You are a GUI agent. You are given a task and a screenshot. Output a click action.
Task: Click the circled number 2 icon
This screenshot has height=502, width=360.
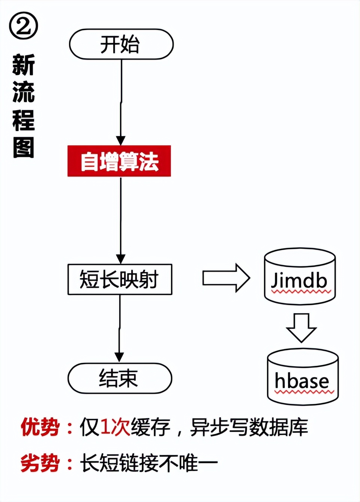[x=23, y=25]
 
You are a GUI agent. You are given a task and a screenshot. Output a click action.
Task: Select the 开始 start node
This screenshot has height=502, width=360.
[x=121, y=44]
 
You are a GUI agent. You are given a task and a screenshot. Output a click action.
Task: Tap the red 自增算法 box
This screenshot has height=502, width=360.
[x=119, y=161]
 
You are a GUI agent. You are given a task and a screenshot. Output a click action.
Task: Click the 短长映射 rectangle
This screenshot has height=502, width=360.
[x=120, y=279]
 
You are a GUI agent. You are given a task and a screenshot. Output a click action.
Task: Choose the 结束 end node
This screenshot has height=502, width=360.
[x=120, y=378]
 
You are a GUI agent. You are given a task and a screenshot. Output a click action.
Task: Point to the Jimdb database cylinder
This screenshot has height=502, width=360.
[x=300, y=276]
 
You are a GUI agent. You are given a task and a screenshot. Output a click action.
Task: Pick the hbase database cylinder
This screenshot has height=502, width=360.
[x=303, y=377]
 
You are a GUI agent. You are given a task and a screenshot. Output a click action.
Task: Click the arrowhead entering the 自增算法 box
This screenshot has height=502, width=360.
[x=120, y=141]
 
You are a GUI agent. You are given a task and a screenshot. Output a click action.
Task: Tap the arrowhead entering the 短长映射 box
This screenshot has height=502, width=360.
[x=120, y=259]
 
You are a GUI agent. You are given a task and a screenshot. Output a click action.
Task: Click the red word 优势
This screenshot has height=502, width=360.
[x=40, y=427]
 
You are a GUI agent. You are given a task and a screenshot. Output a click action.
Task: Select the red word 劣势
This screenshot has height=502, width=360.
[x=40, y=463]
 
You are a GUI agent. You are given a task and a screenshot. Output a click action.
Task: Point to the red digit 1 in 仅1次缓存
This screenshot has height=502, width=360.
[x=105, y=427]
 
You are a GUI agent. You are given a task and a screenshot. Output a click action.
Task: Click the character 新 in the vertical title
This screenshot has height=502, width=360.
[x=23, y=64]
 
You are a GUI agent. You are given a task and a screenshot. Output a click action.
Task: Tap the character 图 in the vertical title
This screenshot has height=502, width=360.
[x=23, y=147]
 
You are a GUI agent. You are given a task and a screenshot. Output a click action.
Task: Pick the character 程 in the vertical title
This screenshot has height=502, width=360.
[x=23, y=120]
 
